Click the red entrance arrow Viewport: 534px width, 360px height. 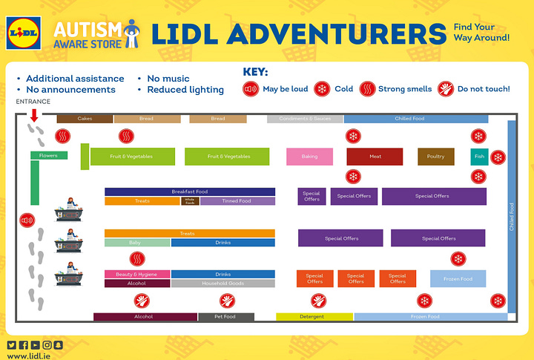click(x=34, y=115)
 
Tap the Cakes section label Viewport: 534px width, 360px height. click(x=85, y=119)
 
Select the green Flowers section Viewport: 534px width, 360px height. click(x=49, y=156)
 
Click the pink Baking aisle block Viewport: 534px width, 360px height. click(x=309, y=157)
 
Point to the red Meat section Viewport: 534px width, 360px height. click(x=375, y=157)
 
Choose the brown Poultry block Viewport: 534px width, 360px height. click(x=435, y=157)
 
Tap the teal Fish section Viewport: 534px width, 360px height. click(x=478, y=157)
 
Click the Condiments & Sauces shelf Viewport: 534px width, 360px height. click(x=305, y=119)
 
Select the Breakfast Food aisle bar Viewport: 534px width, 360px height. click(x=190, y=192)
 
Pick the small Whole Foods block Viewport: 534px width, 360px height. click(x=190, y=201)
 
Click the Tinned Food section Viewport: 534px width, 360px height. click(x=237, y=201)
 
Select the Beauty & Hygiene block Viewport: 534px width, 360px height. click(x=137, y=275)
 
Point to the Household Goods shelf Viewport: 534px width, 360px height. click(x=222, y=284)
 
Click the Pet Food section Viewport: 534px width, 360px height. click(x=225, y=317)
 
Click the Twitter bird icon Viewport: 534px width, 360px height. click(x=11, y=344)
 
